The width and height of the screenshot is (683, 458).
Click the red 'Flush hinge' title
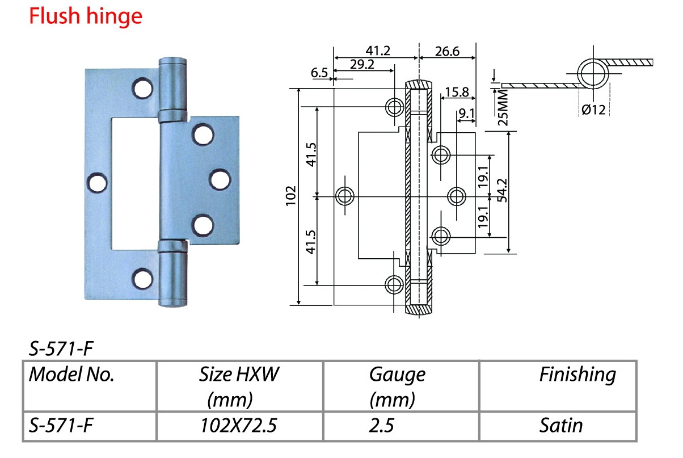tap(86, 16)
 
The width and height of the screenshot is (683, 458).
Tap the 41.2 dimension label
tap(378, 51)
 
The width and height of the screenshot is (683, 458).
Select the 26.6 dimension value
tap(447, 51)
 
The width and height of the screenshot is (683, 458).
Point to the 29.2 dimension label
tap(362, 64)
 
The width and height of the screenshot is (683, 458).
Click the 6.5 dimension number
tap(319, 73)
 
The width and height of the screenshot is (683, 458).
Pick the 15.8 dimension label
tap(457, 92)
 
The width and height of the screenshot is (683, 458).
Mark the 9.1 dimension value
tap(467, 114)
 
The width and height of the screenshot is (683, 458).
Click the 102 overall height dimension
tap(291, 196)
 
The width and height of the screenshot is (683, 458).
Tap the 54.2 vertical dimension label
tap(502, 190)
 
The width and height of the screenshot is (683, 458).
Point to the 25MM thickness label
tap(503, 107)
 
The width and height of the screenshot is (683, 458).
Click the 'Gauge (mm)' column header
tap(397, 386)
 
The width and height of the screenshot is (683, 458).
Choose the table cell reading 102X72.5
tap(238, 425)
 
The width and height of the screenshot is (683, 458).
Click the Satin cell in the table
tap(561, 425)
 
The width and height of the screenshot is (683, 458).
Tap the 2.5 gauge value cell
tap(381, 425)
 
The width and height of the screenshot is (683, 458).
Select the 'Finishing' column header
tap(577, 375)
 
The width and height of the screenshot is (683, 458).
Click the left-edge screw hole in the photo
tap(98, 183)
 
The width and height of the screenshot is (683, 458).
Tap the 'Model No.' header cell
tap(71, 375)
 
